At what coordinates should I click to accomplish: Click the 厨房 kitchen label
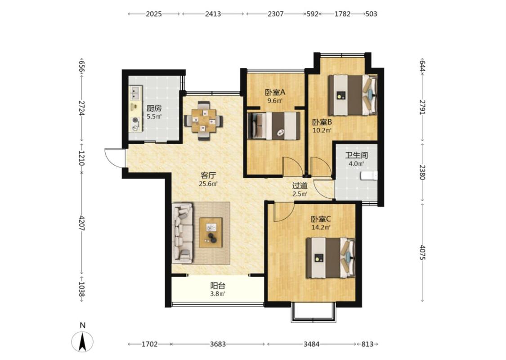click(x=154, y=108)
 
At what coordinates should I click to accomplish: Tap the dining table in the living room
click(x=203, y=121)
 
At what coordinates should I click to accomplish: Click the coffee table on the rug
click(x=211, y=233)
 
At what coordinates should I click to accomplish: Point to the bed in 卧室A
click(x=273, y=126)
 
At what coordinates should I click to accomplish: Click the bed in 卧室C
click(x=331, y=258)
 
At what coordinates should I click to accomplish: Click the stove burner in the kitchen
click(x=135, y=121)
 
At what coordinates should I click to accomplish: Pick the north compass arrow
click(x=83, y=342)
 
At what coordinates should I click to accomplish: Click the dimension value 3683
click(x=218, y=344)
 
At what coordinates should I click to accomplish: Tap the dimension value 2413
click(x=213, y=14)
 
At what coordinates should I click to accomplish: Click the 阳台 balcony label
click(x=218, y=286)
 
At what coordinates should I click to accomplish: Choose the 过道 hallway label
click(x=300, y=186)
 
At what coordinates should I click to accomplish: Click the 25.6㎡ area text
click(x=208, y=184)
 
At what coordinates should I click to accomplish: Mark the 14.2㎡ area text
click(x=321, y=227)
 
